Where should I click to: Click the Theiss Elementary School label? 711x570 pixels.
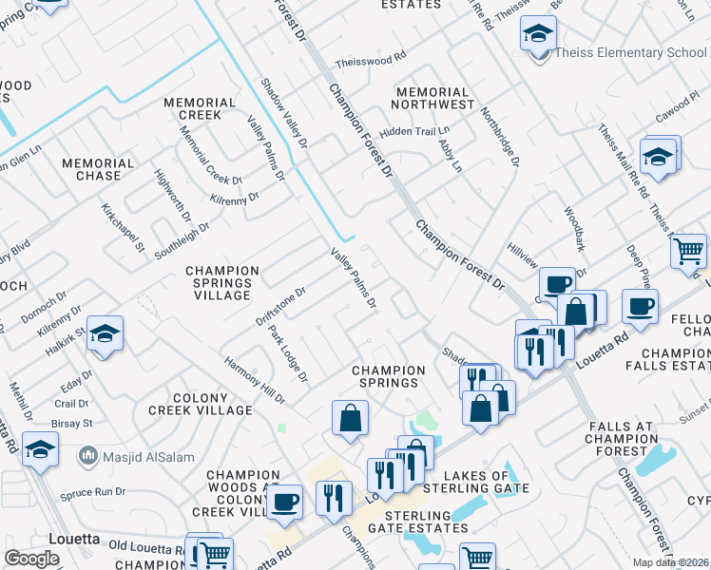(x=631, y=53)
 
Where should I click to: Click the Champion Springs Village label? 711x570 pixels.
(x=222, y=283)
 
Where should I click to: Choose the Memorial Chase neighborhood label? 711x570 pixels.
(x=91, y=169)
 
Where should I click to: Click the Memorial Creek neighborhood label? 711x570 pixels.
(x=200, y=108)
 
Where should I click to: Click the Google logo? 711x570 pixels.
(x=32, y=559)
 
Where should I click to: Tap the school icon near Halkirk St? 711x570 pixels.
(x=106, y=333)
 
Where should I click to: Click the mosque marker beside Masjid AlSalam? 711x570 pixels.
(x=89, y=456)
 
